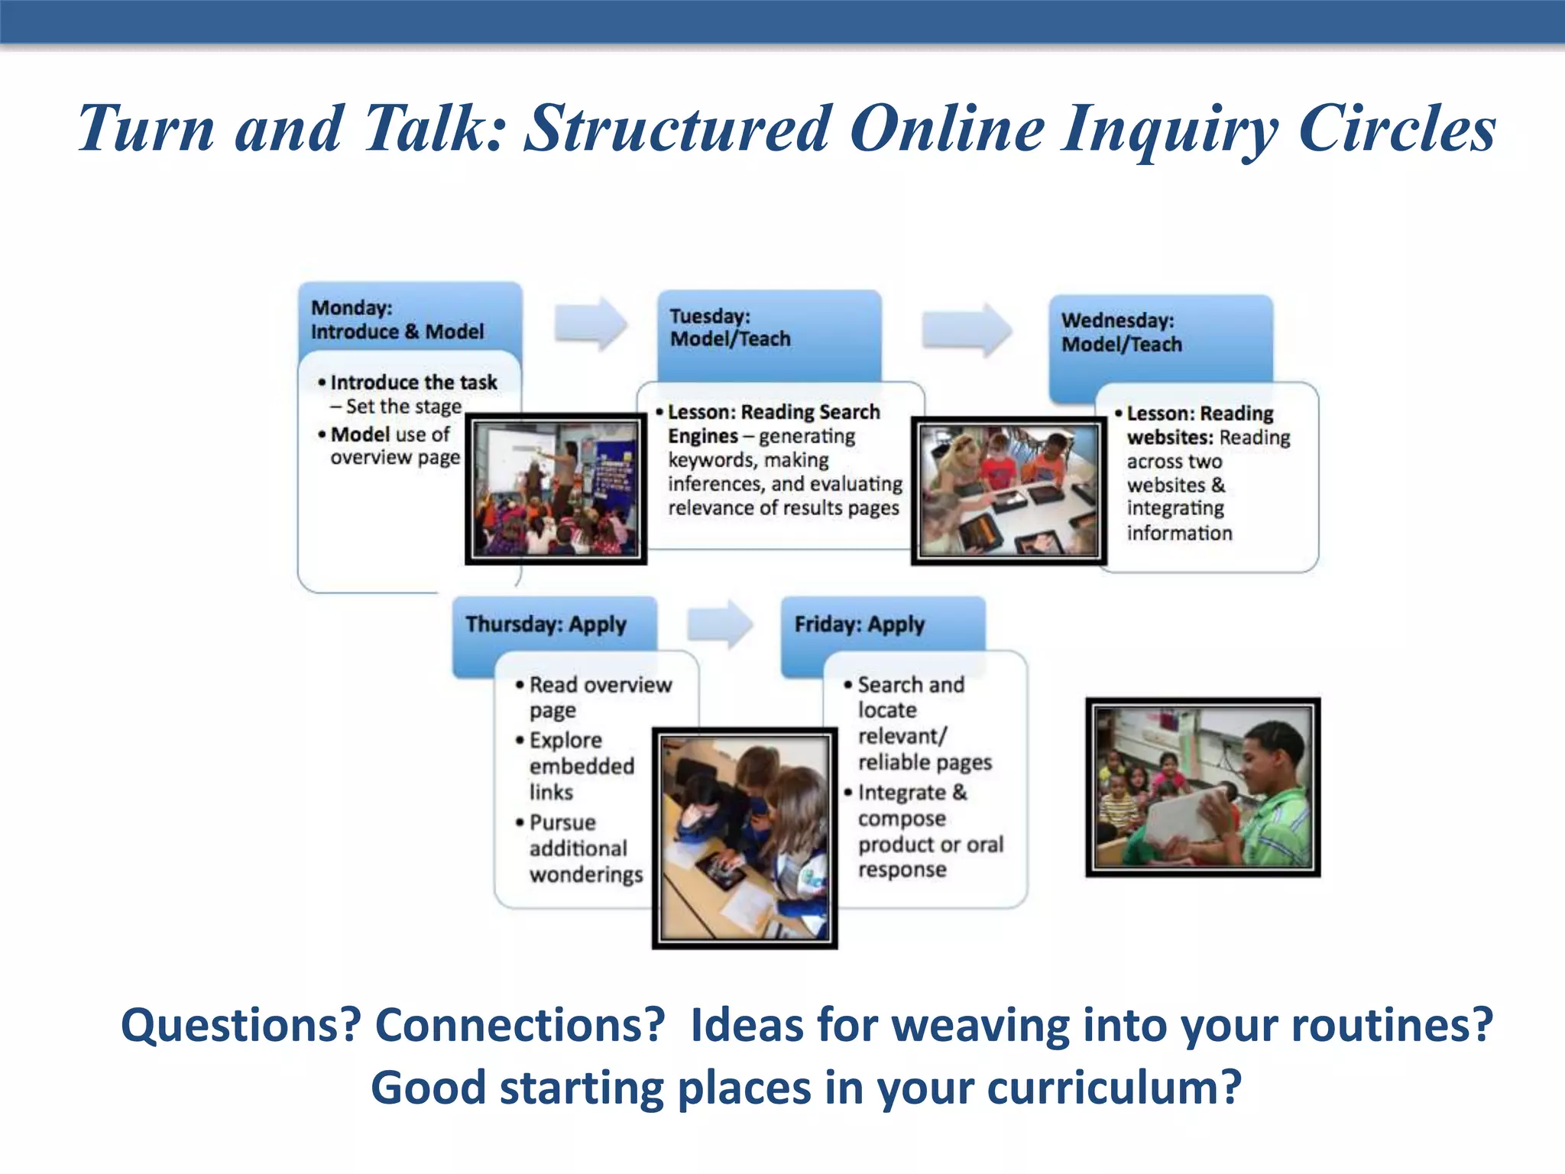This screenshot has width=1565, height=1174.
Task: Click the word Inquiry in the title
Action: [x=1169, y=130]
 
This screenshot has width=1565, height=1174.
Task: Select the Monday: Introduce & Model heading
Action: [x=397, y=319]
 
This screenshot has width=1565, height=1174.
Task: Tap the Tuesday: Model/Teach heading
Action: [x=730, y=327]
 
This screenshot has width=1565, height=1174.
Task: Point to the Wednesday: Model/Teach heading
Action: [x=1121, y=332]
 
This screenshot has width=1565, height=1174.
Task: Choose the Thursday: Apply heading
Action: [x=546, y=624]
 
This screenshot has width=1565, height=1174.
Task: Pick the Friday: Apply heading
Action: [x=859, y=624]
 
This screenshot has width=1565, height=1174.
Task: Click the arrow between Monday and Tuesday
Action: [x=591, y=323]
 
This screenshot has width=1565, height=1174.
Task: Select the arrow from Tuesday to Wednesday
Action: [x=967, y=329]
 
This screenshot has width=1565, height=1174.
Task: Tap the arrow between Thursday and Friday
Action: [x=719, y=624]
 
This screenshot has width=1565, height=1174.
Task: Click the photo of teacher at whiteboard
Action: [x=556, y=489]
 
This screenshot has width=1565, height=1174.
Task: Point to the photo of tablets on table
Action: [x=1009, y=491]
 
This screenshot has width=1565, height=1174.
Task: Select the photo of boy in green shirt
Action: [x=1203, y=786]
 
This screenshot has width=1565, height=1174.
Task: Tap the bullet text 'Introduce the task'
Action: [x=413, y=382]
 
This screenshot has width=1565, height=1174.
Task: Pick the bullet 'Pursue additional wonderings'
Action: [x=585, y=848]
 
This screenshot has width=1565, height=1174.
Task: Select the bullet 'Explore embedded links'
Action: [x=581, y=766]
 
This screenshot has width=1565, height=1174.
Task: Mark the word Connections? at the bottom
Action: [x=520, y=1025]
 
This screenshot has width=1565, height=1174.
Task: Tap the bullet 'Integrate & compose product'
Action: [x=929, y=818]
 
